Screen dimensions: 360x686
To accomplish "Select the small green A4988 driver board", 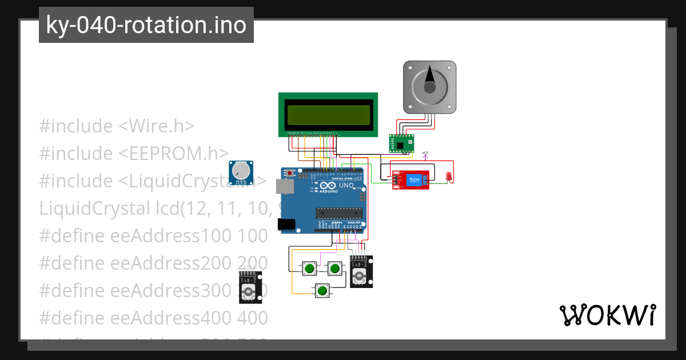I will [x=401, y=143].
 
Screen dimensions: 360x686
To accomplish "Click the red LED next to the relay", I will [x=449, y=177].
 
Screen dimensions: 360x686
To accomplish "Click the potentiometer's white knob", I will [x=242, y=170].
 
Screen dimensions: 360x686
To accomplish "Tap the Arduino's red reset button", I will [x=290, y=173].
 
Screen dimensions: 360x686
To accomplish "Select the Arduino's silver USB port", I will [x=282, y=187].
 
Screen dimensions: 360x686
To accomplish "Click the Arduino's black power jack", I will [x=285, y=225].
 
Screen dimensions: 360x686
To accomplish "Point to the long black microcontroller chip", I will [x=340, y=214].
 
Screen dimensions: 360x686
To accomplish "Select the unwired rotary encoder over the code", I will [x=250, y=287].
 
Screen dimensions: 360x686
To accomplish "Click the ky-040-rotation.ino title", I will [x=146, y=25].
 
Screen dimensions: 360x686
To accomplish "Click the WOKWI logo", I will [x=607, y=315].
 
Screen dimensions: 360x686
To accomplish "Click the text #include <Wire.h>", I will [x=117, y=126].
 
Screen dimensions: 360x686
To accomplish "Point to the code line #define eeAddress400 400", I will [x=153, y=317].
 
